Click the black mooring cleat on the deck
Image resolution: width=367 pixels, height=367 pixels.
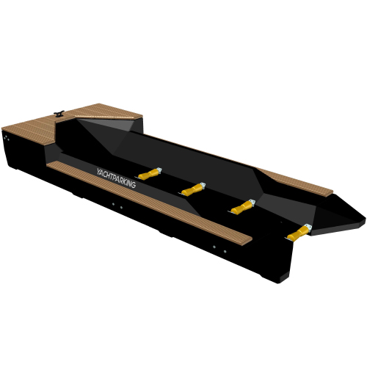(x=59, y=113)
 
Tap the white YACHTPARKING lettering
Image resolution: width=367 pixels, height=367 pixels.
(x=116, y=178)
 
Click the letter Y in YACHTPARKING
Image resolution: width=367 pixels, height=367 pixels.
(x=99, y=172)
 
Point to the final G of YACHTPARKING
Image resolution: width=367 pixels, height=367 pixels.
(x=133, y=185)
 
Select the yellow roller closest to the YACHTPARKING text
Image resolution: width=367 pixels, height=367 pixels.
(x=148, y=175)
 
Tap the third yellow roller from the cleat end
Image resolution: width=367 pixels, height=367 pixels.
(x=241, y=208)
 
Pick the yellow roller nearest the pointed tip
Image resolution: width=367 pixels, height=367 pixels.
(x=298, y=233)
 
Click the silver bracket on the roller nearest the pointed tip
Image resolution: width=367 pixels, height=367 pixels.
(x=308, y=228)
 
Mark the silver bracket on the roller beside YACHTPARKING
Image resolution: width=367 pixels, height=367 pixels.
(x=159, y=170)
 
